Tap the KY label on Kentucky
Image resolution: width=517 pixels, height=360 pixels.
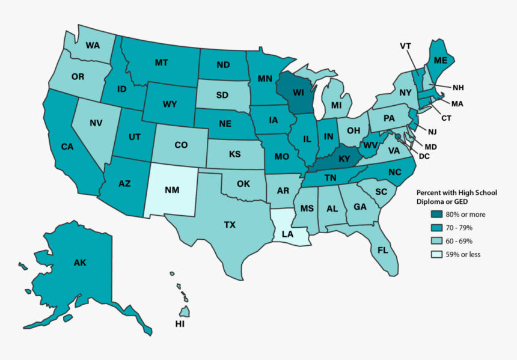click(344, 159)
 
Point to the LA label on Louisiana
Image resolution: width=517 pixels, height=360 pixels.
click(287, 234)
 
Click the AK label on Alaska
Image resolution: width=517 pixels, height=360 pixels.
click(80, 262)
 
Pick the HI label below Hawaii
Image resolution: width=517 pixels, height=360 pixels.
click(180, 324)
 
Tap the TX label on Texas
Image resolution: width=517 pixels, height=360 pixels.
click(230, 225)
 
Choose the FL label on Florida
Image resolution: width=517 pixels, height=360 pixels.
click(383, 249)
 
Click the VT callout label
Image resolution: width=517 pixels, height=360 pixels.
click(405, 46)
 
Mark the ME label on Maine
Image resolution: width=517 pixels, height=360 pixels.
click(440, 60)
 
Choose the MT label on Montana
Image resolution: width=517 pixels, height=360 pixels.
click(161, 62)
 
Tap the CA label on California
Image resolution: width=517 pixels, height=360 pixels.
click(67, 146)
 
